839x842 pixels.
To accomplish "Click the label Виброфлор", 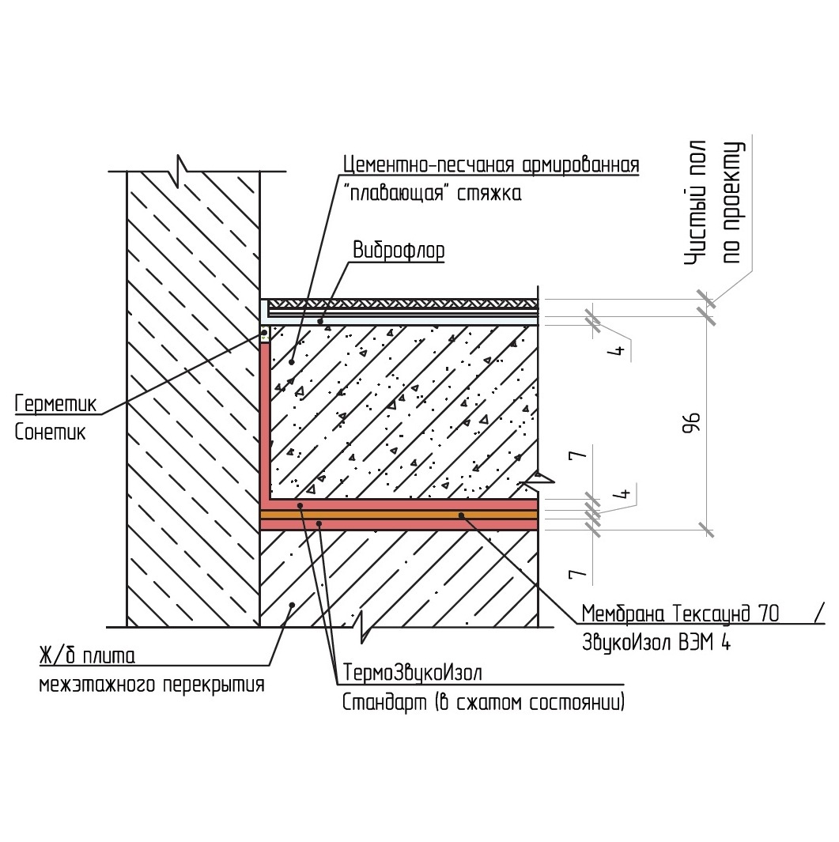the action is (399, 250).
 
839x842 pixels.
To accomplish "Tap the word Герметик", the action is (55, 405).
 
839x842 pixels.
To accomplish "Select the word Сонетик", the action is (50, 432).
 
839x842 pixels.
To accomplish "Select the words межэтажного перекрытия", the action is (152, 685).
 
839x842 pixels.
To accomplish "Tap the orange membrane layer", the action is (395, 514).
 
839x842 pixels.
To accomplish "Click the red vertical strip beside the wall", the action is (265, 419).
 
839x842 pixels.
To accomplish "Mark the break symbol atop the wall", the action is (183, 170).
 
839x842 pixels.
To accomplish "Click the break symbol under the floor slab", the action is (363, 627).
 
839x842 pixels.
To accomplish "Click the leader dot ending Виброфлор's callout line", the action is (320, 322).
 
